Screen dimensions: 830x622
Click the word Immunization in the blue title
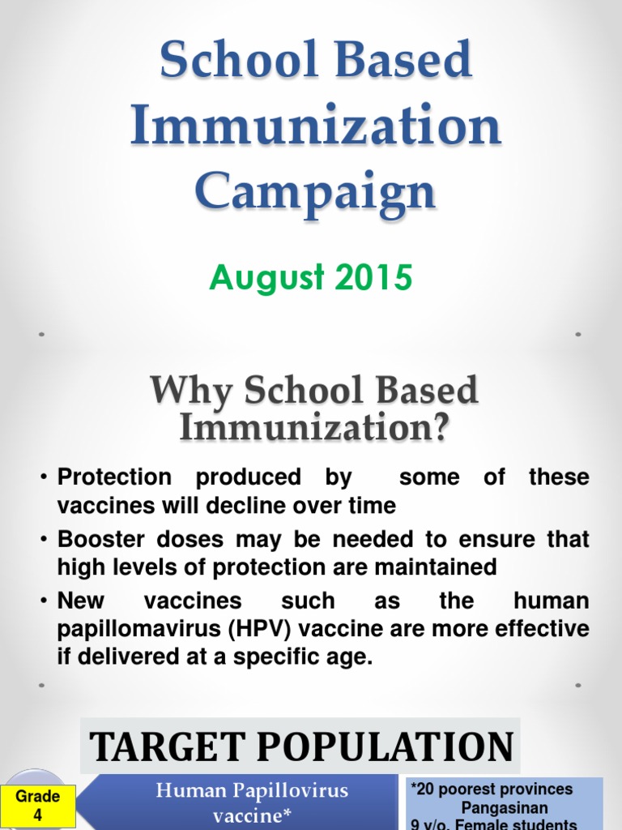(316, 127)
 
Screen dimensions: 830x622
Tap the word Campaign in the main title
(316, 192)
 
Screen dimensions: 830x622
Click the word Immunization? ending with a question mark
(313, 426)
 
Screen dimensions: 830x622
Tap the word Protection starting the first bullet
(114, 477)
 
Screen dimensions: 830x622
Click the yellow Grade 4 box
(37, 806)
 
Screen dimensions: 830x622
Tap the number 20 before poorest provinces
(427, 789)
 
